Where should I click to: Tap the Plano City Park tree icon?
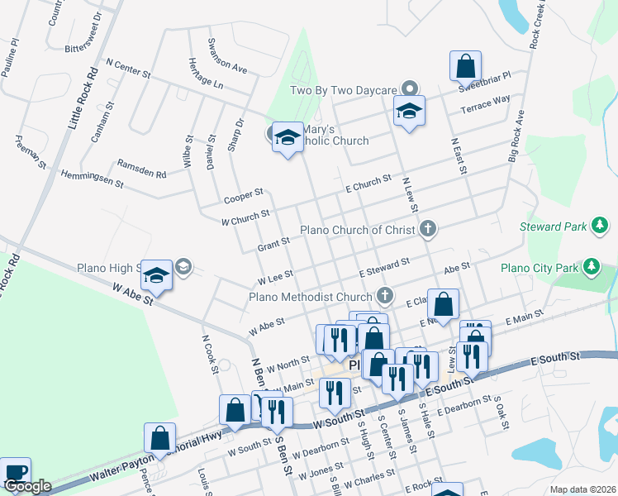[591, 266]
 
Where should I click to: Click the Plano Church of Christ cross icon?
[427, 229]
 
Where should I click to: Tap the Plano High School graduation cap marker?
[156, 276]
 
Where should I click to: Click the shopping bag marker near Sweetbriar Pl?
[466, 66]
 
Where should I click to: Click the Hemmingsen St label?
[92, 179]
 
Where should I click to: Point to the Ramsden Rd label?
[142, 168]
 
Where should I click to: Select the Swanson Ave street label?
[228, 56]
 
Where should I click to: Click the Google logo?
[27, 486]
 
